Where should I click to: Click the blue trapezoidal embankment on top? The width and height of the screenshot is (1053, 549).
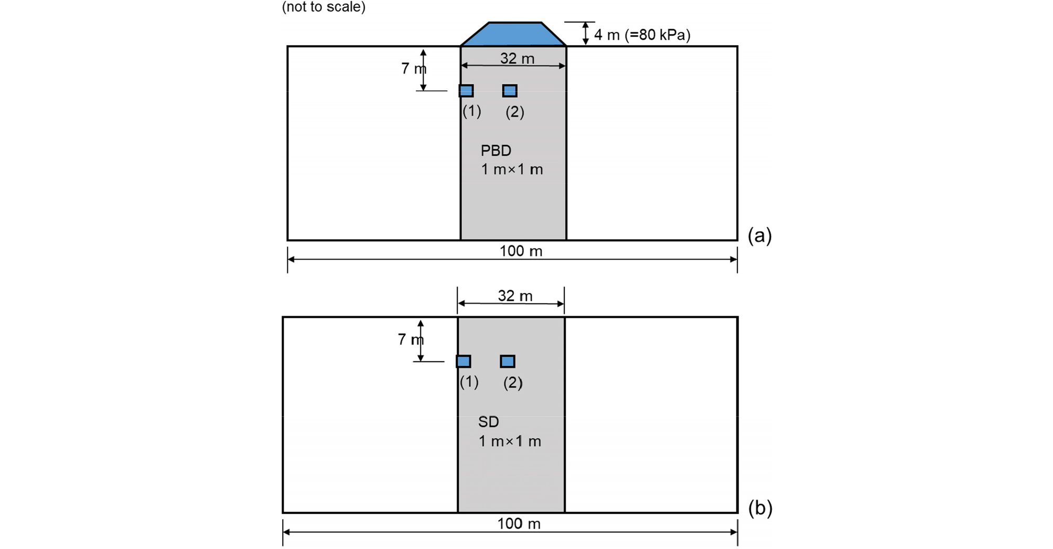point(513,34)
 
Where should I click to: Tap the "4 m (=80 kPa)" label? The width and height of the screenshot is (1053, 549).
point(642,35)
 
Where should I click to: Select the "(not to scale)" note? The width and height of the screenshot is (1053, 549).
point(324,7)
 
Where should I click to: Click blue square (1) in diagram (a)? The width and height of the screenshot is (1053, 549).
point(466,91)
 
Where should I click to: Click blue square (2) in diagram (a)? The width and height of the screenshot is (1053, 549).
point(510,91)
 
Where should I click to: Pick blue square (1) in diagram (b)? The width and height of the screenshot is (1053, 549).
point(464,361)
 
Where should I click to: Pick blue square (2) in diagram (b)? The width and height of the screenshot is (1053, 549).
point(508,361)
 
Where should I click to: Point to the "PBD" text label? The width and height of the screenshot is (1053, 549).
point(496,150)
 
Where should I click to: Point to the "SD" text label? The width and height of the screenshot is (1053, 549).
point(488,422)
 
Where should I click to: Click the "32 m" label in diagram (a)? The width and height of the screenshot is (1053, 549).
point(517,58)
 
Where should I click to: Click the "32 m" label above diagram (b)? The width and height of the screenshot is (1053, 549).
point(515,296)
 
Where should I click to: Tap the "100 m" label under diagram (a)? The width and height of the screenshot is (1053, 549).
point(521,251)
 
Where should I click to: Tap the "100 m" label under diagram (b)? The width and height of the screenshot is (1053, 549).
point(519,523)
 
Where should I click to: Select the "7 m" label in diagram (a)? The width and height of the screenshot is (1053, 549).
point(414,68)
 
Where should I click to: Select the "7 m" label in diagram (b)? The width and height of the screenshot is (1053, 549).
point(411,339)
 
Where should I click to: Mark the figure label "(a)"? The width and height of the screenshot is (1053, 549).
point(760,235)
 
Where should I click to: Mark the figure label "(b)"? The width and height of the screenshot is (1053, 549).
point(760,508)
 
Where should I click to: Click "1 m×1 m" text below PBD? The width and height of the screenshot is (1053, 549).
point(512,169)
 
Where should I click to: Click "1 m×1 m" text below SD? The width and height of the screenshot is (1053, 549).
point(510,441)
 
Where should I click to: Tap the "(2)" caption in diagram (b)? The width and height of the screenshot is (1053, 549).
point(513,383)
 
